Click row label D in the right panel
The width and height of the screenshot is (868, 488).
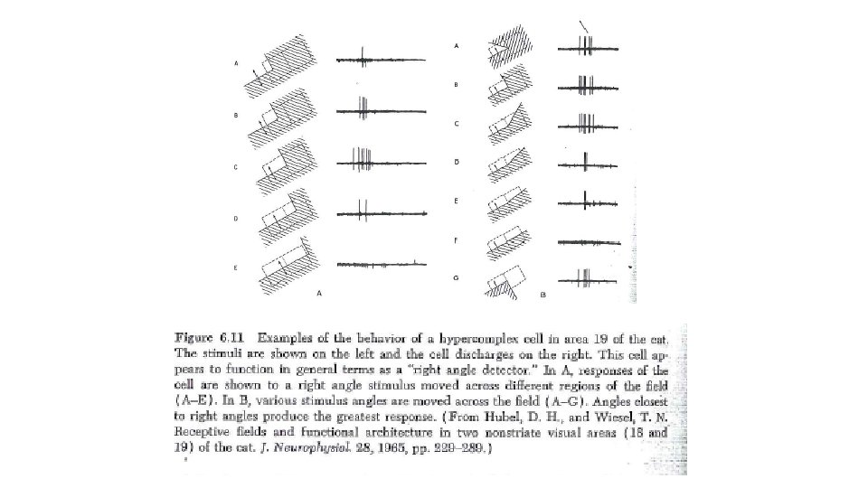coord(457,162)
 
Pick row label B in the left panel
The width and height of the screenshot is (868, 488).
coord(236,116)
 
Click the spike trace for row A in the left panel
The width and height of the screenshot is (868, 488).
coord(373,61)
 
